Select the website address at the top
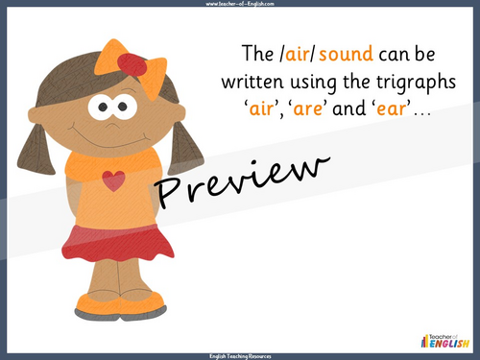(240, 6)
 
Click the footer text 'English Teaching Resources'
(240, 354)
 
